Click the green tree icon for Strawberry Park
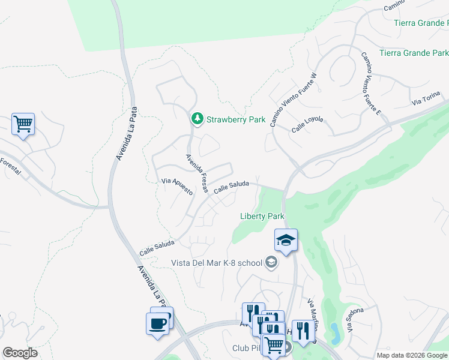[x=197, y=119]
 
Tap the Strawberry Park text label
[x=236, y=119]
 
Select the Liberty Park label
[x=262, y=216]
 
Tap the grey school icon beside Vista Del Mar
[x=271, y=262]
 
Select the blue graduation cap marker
[x=286, y=241]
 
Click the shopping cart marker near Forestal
[x=23, y=124]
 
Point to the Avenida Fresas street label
[x=196, y=173]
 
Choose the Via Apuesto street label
[x=177, y=186]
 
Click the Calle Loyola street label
[x=307, y=125]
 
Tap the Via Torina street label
[x=426, y=99]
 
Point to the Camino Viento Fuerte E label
[x=370, y=82]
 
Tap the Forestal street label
[x=10, y=166]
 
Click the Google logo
[x=20, y=353]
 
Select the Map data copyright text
[x=412, y=355]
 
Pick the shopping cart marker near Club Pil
[x=274, y=345]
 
